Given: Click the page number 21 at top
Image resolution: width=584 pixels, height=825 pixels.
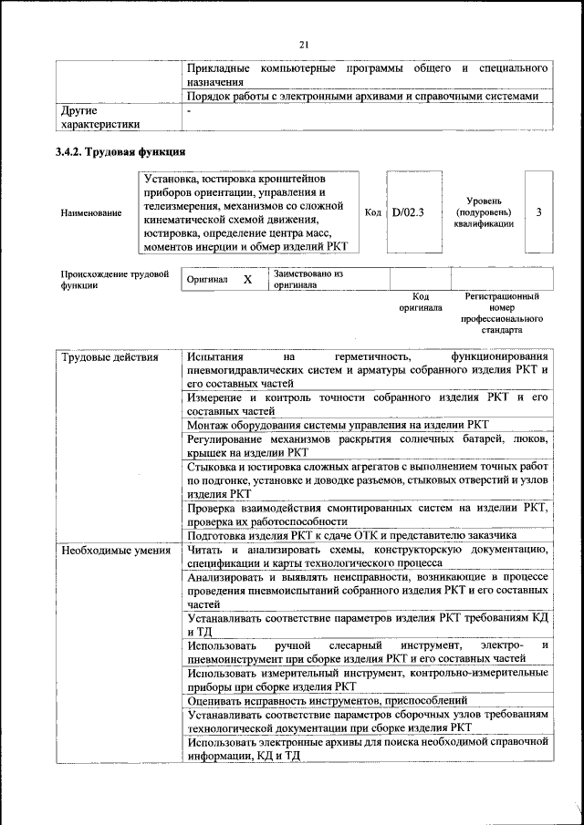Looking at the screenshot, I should pyautogui.click(x=305, y=45).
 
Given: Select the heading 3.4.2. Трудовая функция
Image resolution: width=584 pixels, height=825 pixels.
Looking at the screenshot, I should pyautogui.click(x=121, y=151).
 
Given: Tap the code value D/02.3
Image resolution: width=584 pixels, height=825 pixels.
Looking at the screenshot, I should pyautogui.click(x=408, y=212).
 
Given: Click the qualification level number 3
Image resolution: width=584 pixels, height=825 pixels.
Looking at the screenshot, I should pyautogui.click(x=538, y=212).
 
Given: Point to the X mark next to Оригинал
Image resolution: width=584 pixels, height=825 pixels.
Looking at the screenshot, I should pyautogui.click(x=247, y=280).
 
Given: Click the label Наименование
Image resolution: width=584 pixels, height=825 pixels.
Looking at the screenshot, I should pyautogui.click(x=90, y=213).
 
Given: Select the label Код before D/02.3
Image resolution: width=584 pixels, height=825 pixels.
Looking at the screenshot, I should pyautogui.click(x=372, y=212).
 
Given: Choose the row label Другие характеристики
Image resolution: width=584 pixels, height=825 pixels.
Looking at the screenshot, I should pyautogui.click(x=99, y=117).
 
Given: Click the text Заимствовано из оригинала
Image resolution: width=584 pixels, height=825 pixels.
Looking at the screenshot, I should pyautogui.click(x=308, y=279).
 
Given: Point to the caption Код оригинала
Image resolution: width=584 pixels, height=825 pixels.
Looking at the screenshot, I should pyautogui.click(x=420, y=303).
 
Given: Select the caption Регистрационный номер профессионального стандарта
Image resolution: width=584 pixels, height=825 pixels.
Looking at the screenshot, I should pyautogui.click(x=501, y=314).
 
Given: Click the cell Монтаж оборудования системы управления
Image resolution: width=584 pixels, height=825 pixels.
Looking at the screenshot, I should pyautogui.click(x=339, y=425).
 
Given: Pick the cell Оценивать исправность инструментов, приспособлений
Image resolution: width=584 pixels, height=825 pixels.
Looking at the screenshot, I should pyautogui.click(x=335, y=700).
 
